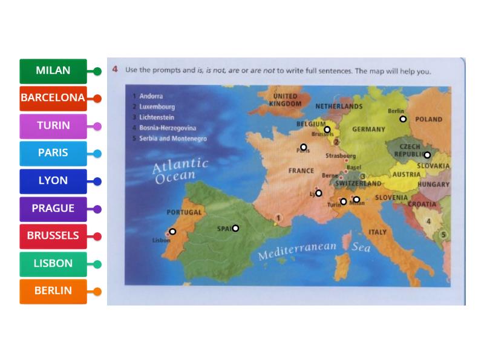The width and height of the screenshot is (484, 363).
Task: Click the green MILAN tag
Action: pyautogui.click(x=53, y=71)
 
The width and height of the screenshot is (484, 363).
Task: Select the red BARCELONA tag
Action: pyautogui.click(x=53, y=98)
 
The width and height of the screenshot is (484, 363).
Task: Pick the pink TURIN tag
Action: pyautogui.click(x=53, y=126)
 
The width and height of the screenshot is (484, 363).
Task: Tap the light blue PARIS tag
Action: pyautogui.click(x=53, y=153)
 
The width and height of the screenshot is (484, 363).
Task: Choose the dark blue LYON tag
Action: pyautogui.click(x=53, y=181)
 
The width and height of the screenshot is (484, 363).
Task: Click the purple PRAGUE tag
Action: pyautogui.click(x=53, y=209)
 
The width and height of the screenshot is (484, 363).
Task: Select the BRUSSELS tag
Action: pyautogui.click(x=53, y=236)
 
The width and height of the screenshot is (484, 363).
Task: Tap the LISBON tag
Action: pyautogui.click(x=53, y=264)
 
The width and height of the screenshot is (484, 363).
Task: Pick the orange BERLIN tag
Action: pyautogui.click(x=53, y=291)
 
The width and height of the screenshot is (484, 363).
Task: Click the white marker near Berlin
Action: pyautogui.click(x=403, y=119)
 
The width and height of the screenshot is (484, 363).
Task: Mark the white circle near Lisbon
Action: pyautogui.click(x=172, y=231)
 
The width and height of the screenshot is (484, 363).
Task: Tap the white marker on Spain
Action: pyautogui.click(x=235, y=228)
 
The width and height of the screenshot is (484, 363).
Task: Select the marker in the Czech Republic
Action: pyautogui.click(x=427, y=155)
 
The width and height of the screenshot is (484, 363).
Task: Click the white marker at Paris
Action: pyautogui.click(x=304, y=146)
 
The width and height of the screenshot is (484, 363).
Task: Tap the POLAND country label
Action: pyautogui.click(x=429, y=120)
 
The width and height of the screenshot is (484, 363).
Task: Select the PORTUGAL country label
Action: pyautogui.click(x=184, y=213)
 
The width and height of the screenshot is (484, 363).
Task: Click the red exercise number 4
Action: pyautogui.click(x=115, y=70)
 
